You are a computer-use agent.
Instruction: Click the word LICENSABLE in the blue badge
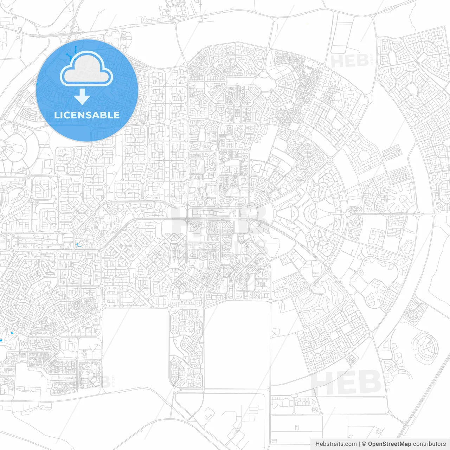pyautogui.click(x=87, y=115)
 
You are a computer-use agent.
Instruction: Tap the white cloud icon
pyautogui.click(x=86, y=69)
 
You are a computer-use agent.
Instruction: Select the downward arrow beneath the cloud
pyautogui.click(x=82, y=97)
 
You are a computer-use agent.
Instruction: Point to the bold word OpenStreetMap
pyautogui.click(x=389, y=444)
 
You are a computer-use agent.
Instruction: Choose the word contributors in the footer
pyautogui.click(x=429, y=444)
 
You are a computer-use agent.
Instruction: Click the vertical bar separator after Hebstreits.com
pyautogui.click(x=359, y=444)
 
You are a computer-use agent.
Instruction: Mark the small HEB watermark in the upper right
pyautogui.click(x=349, y=61)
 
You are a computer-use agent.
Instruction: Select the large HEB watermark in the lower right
pyautogui.click(x=346, y=382)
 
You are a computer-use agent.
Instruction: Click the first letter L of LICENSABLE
pyautogui.click(x=56, y=115)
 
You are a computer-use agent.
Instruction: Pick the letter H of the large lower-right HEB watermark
pyautogui.click(x=322, y=382)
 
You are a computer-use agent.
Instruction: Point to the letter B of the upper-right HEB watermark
pyautogui.click(x=362, y=61)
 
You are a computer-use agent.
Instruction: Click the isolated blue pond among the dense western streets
pyautogui.click(x=77, y=245)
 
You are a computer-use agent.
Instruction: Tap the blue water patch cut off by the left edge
pyautogui.click(x=1, y=340)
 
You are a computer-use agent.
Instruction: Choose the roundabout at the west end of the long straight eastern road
pyautogui.click(x=347, y=214)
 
